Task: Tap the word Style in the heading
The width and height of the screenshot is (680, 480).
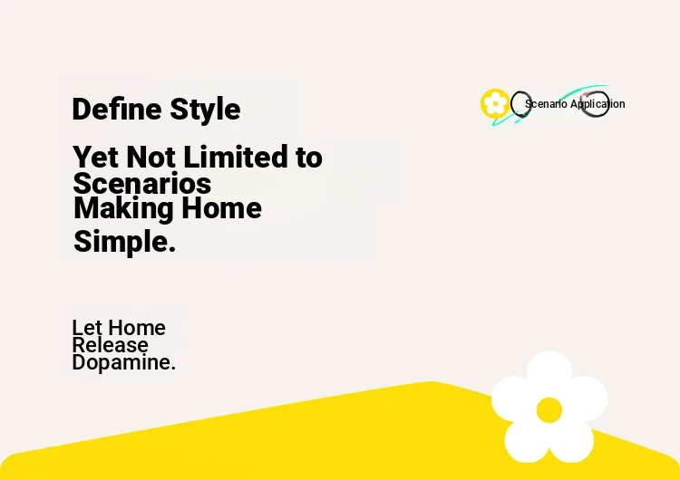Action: (x=205, y=110)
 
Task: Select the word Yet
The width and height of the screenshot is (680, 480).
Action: (x=96, y=157)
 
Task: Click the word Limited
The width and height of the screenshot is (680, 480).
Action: (x=236, y=157)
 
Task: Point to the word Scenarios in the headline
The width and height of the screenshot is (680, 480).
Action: (x=141, y=183)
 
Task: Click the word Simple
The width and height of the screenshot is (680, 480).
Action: (x=124, y=242)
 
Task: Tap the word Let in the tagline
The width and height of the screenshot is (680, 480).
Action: (x=87, y=328)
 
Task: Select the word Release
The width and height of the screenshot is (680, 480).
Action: (x=110, y=345)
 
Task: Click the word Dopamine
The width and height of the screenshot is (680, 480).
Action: (x=123, y=363)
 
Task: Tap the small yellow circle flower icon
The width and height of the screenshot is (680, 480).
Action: (x=495, y=103)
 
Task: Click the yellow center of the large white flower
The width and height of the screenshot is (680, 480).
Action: (x=549, y=410)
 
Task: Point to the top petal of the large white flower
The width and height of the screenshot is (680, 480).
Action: (x=550, y=371)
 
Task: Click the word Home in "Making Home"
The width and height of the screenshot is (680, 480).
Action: (x=221, y=208)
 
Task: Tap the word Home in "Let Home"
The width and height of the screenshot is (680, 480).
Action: (x=137, y=328)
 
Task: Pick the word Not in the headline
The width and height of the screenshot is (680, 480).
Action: (x=151, y=157)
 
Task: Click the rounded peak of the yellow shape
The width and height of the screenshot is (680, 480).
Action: (x=432, y=382)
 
